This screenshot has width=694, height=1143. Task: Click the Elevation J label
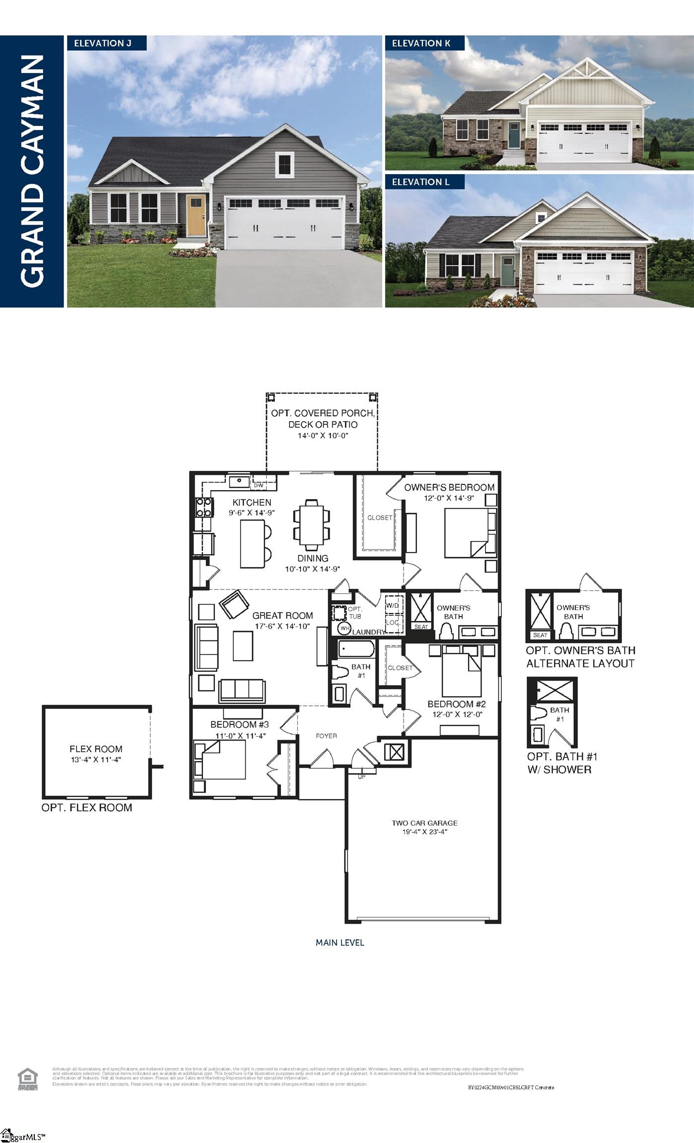coord(103,43)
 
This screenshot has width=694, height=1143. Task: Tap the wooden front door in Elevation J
coord(196,215)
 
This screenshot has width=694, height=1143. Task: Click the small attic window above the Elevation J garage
coord(284,164)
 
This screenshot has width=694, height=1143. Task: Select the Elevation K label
coord(421,43)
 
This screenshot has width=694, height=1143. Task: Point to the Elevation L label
coord(420,182)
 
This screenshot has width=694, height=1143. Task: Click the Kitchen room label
coord(252,502)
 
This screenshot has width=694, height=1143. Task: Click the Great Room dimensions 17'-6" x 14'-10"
coord(282,626)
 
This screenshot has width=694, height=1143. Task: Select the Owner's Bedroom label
coord(449,487)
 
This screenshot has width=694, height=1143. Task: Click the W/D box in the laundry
coord(393,605)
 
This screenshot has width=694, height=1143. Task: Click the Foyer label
coord(326,736)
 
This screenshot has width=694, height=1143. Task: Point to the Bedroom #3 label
coord(239,724)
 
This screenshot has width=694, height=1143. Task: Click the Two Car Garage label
coord(424,823)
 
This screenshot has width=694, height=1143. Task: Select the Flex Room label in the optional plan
coord(96,749)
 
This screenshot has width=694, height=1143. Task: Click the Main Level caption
coord(340,943)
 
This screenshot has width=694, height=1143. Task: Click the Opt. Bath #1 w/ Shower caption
coord(561,763)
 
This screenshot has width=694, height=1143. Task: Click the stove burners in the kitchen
coord(204,507)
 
